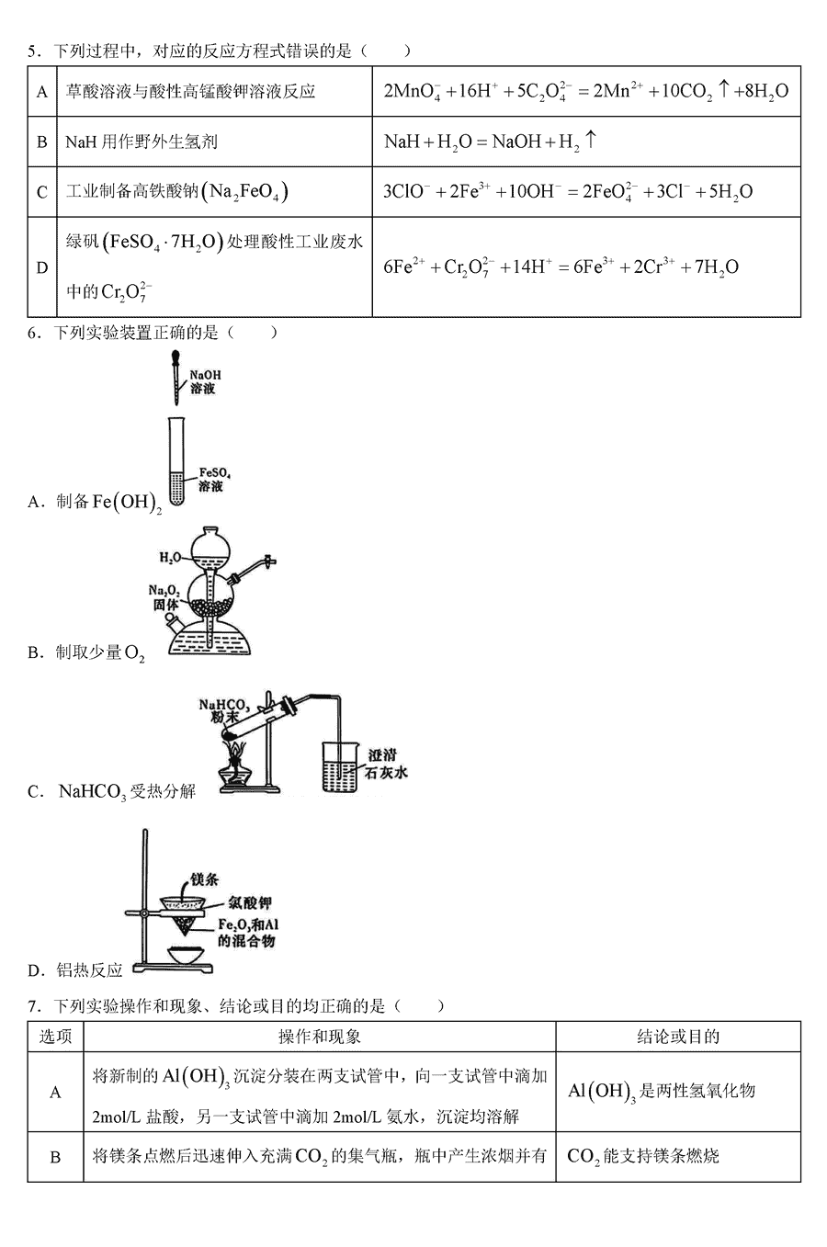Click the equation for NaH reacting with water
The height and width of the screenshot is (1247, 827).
point(490,142)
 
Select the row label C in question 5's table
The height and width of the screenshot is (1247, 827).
point(42,192)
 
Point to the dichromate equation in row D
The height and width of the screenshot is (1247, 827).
point(561,267)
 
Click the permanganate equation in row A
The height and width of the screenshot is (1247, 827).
point(585,91)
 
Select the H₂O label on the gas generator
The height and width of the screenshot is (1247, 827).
point(171,558)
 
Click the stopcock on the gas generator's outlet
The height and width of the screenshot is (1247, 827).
point(267,561)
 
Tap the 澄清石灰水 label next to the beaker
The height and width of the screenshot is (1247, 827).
point(386,763)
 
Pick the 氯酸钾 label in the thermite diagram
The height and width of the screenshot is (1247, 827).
point(251,903)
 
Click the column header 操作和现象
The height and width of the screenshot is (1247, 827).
point(320,1037)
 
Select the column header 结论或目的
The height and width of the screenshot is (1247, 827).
point(678,1037)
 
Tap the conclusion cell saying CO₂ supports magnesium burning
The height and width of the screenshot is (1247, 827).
point(643,1156)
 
